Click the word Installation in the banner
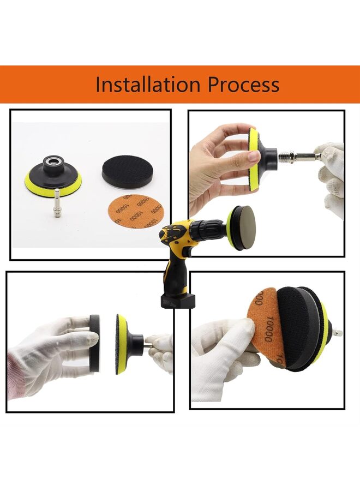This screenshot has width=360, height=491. pos(147,85)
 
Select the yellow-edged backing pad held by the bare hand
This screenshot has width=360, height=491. pos(254,158)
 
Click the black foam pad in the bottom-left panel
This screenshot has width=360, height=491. pos(94,344)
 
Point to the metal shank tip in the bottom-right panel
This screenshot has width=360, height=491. pos(338,332)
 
